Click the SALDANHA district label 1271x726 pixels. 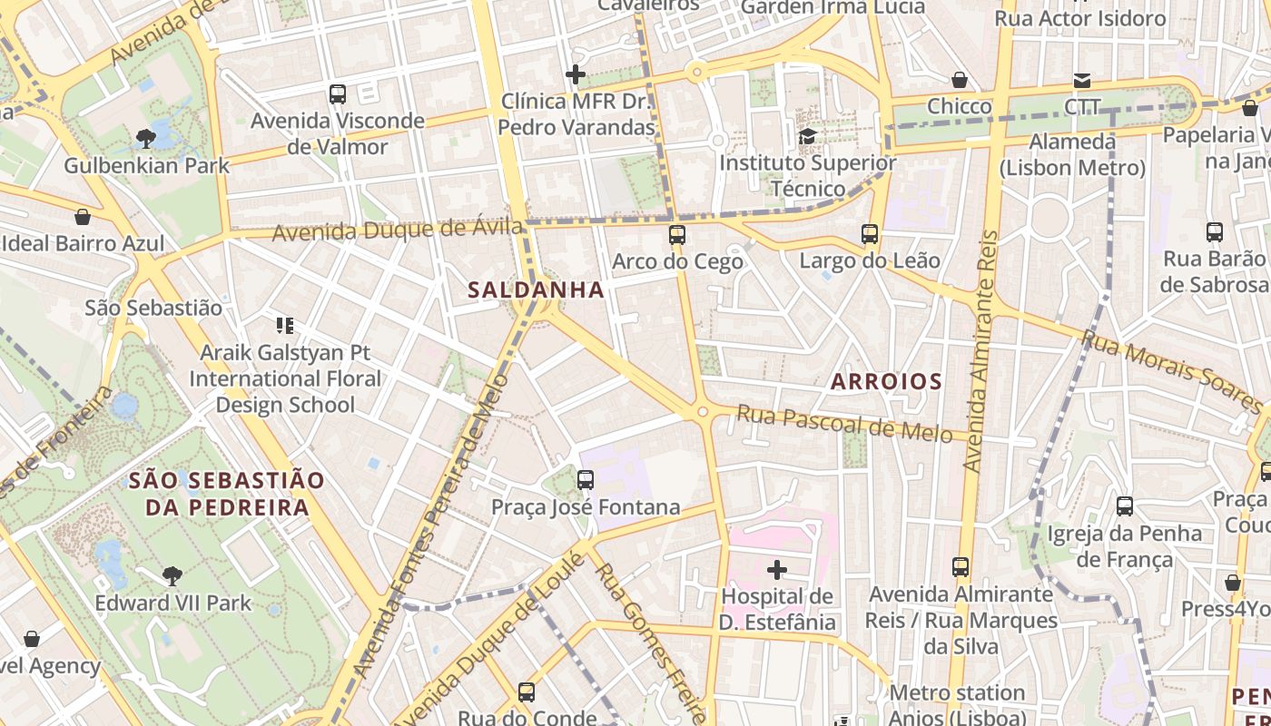536,289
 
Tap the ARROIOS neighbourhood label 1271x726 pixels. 886,381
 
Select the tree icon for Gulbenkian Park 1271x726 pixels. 145,139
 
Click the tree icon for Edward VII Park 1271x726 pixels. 172,575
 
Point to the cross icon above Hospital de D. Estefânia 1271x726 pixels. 777,570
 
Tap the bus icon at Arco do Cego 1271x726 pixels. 676,235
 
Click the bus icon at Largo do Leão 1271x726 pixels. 869,234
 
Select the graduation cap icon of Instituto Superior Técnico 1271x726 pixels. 806,137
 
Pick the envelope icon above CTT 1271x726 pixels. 1081,81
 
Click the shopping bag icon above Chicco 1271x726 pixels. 959,80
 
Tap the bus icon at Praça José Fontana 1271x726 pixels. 586,479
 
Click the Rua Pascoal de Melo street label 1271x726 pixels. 844,424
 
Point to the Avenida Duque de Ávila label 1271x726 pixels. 398,230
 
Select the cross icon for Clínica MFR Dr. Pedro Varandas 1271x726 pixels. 576,74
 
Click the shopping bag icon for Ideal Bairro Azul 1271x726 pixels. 83,217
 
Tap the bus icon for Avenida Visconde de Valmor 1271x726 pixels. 337,93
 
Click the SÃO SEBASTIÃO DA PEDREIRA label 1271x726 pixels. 226,494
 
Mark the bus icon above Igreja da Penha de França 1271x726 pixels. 1124,505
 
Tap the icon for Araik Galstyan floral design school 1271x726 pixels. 285,325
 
